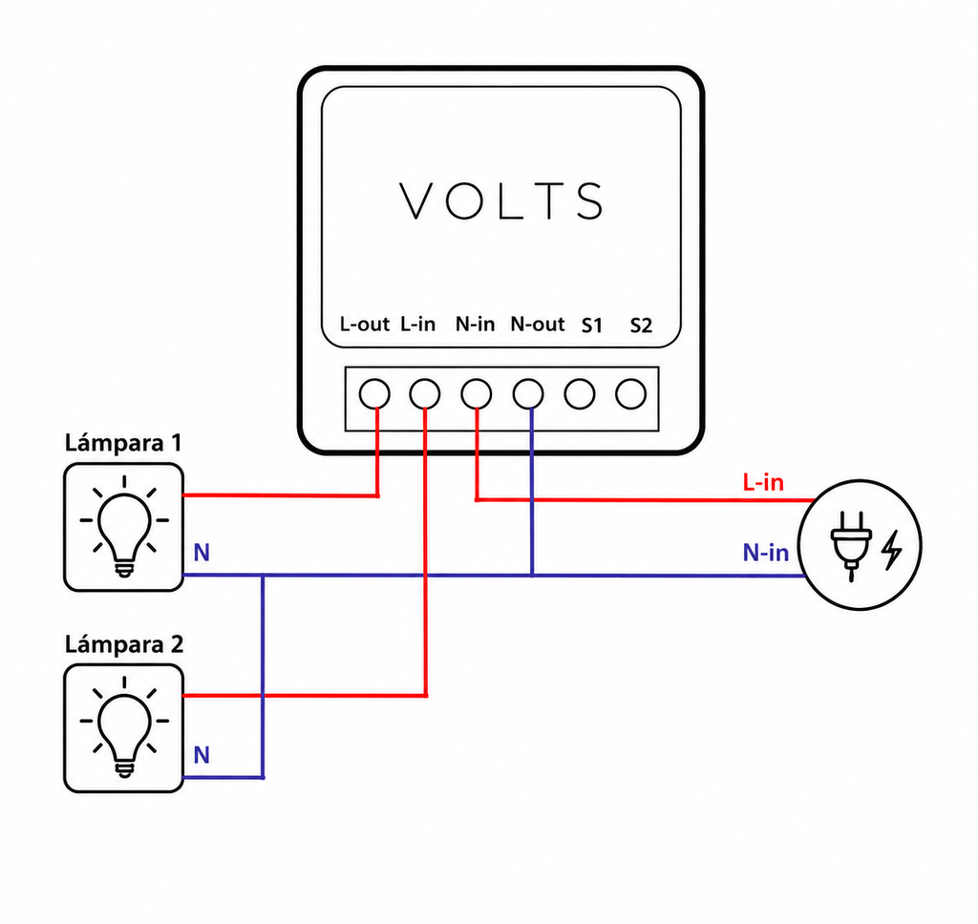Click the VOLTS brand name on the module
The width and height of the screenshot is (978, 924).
pos(500,200)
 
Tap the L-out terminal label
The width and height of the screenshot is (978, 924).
pos(364,325)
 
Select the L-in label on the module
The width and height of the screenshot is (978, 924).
pos(418,325)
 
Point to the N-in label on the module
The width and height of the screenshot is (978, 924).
pos(475,325)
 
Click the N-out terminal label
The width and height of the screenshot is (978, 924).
pos(537,325)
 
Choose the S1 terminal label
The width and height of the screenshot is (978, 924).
pos(592,325)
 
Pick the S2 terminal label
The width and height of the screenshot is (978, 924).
pos(641,325)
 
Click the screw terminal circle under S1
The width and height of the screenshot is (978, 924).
pos(580,394)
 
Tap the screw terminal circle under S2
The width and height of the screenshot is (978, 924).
pos(630,394)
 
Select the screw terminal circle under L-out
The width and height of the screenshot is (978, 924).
pos(374,394)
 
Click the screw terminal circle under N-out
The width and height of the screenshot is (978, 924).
pos(528,394)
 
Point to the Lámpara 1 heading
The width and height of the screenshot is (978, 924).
pos(123,443)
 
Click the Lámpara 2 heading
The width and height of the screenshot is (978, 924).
pos(124,644)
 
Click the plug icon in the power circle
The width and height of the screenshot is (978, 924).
pos(851,546)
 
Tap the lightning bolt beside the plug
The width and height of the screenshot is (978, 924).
pos(892,550)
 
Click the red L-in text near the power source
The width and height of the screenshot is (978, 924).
pos(763,482)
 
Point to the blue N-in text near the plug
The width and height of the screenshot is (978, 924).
pos(765,553)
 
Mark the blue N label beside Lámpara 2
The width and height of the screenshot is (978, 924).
pos(202,755)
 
